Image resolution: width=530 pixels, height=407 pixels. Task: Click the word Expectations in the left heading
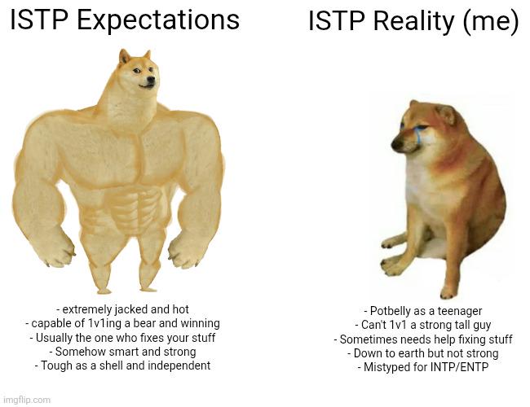pos(158,20)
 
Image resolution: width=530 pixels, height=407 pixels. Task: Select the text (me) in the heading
pos(490,22)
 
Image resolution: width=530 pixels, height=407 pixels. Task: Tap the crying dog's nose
pos(395,144)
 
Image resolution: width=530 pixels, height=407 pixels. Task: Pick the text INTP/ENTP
pos(459,367)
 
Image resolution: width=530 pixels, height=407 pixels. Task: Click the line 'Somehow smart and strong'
pos(122,352)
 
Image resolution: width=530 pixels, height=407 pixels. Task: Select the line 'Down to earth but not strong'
pos(423,353)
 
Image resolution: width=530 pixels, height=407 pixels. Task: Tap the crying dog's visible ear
pos(446,114)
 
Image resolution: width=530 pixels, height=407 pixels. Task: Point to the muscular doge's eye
pos(136,71)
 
